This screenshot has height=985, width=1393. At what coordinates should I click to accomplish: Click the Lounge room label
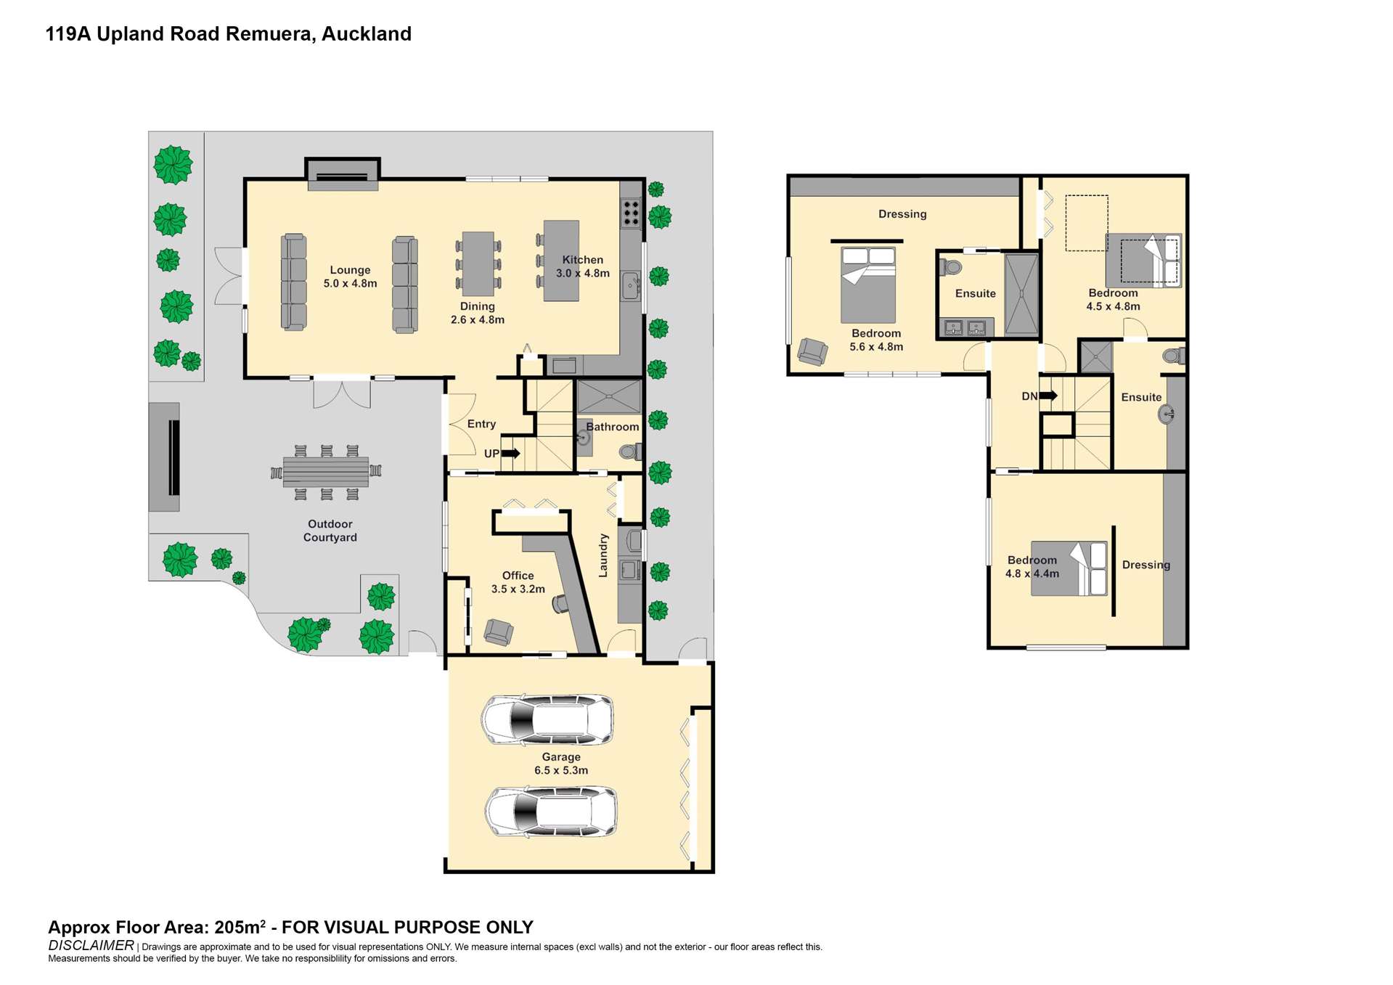[x=350, y=277]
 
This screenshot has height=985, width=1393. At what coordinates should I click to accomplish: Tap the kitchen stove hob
[x=631, y=213]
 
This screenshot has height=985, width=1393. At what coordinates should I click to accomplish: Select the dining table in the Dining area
[x=478, y=263]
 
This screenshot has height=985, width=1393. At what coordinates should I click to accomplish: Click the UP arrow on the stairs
[x=510, y=454]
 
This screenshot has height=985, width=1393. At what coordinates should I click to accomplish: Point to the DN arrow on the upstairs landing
[x=1047, y=396]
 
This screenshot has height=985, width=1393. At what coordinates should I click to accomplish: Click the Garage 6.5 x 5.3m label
[x=561, y=764]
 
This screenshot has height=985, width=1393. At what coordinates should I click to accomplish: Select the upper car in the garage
[x=547, y=719]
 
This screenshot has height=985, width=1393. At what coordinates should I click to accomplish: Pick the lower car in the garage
[x=551, y=811]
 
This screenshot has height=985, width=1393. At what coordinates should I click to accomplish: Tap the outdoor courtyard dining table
[x=326, y=473]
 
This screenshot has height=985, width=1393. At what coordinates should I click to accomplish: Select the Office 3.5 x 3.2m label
[x=518, y=582]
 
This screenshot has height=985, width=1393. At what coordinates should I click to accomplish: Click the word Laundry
[x=603, y=556]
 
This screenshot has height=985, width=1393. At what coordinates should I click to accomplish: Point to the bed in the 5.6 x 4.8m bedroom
[x=868, y=285]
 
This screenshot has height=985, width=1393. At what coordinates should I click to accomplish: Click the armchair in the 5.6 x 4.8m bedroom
[x=812, y=351]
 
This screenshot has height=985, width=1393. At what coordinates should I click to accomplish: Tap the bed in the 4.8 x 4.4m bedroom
[x=1069, y=568]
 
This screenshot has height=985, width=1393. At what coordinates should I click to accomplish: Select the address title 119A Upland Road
[x=228, y=34]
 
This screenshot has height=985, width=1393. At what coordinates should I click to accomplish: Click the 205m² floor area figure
[x=240, y=927]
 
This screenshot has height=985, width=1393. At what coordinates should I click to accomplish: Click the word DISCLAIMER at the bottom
[x=91, y=945]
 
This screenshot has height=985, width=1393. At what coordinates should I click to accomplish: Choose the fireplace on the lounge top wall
[x=343, y=175]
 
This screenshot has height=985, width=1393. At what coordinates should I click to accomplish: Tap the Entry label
[x=481, y=424]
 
